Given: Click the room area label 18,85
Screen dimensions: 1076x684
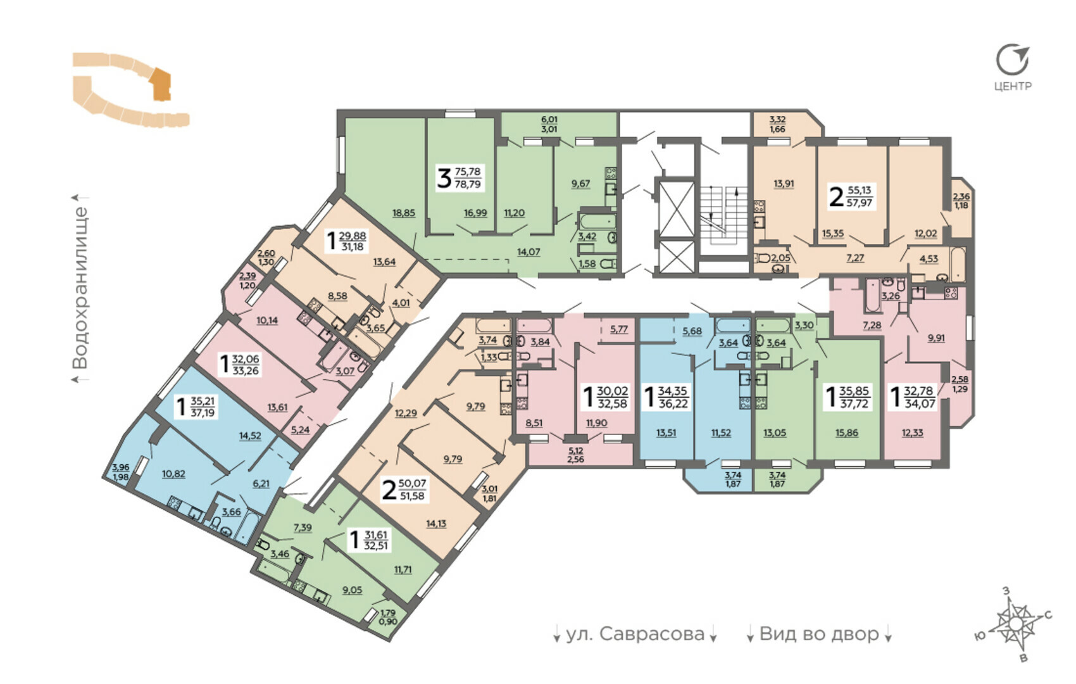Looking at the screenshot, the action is [404, 213].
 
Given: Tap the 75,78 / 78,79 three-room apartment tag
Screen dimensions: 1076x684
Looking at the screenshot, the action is [460, 178].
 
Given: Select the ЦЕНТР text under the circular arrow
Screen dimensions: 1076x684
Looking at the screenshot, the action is [1013, 86].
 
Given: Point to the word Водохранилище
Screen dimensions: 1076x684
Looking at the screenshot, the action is [80, 288].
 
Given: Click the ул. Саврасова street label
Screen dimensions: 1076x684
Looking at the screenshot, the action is [635, 634].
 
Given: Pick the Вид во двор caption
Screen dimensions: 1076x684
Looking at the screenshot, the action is [819, 634].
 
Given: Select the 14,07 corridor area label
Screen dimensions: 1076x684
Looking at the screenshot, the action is [529, 251].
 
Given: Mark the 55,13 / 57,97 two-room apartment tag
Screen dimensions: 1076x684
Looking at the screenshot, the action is [851, 196].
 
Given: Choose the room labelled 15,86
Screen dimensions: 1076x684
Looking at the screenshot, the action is [846, 433].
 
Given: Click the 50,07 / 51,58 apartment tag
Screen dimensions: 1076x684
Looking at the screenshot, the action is [404, 490].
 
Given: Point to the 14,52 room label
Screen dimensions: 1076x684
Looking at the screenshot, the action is [250, 436].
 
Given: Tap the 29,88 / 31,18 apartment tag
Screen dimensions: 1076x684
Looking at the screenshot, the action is [346, 241].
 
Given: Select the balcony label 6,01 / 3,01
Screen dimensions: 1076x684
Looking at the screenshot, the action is [549, 124].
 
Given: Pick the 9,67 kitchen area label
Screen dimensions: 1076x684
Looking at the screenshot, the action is [581, 184].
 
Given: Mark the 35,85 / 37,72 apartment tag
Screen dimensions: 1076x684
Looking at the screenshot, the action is [847, 397].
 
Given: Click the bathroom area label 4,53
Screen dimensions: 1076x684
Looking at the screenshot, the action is [929, 258].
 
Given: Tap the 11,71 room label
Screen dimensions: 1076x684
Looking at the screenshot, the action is [403, 569].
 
